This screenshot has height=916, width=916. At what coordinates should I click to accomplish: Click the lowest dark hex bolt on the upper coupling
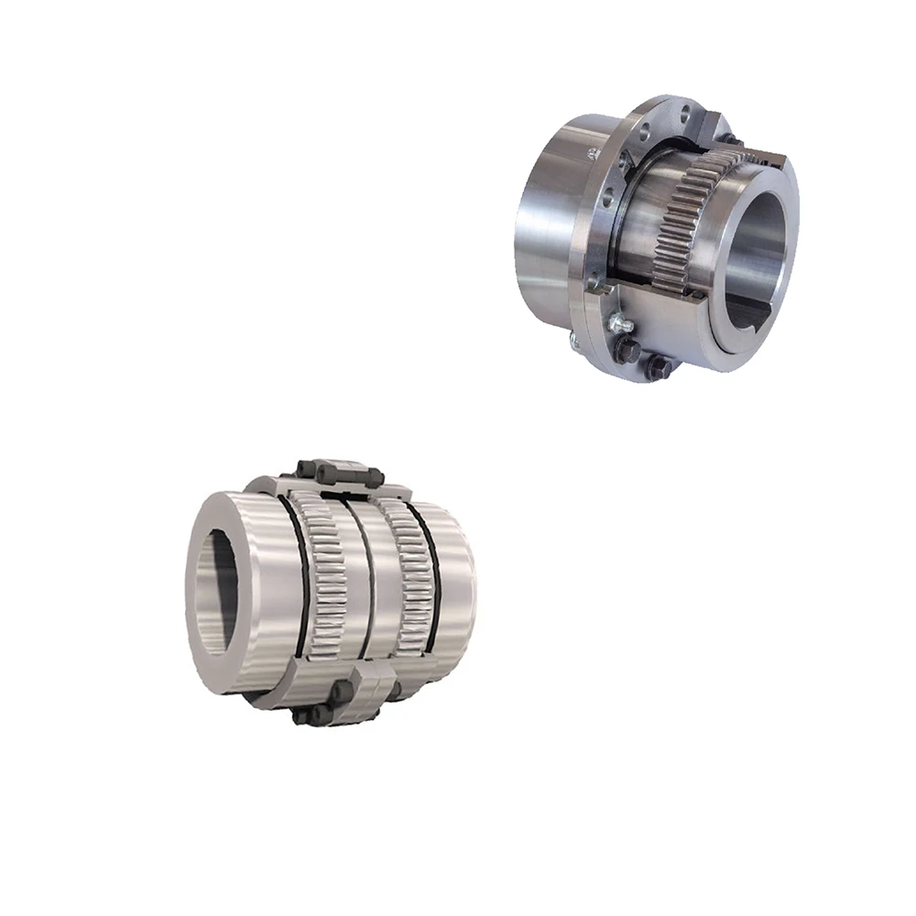click(x=656, y=365)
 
